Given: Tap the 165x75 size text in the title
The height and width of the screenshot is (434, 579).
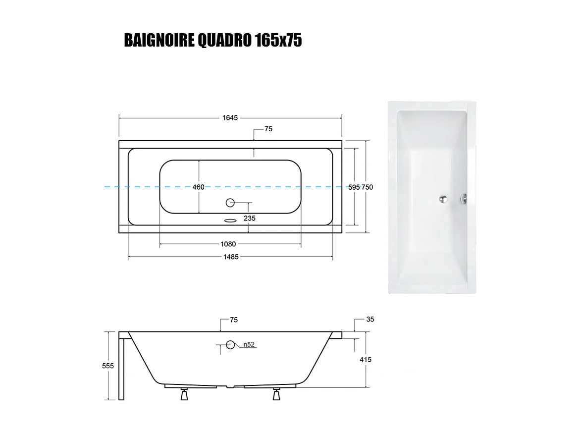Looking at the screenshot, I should [x=278, y=41].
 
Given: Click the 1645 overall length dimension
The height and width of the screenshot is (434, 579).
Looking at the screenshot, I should [x=230, y=117].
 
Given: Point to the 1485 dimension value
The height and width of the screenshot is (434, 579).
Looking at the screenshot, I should [x=231, y=257].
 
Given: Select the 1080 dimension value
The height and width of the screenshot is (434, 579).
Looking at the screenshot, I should [x=228, y=244].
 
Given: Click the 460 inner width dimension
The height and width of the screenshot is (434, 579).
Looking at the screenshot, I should [x=198, y=187].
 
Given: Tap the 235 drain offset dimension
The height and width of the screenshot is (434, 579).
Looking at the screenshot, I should [x=250, y=218].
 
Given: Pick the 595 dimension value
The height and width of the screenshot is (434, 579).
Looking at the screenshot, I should [x=354, y=187].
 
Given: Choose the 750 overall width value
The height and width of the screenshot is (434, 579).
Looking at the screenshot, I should [x=367, y=187].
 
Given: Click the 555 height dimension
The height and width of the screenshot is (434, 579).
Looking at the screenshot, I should [x=108, y=366].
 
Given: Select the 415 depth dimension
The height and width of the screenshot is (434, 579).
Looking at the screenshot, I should [x=366, y=360].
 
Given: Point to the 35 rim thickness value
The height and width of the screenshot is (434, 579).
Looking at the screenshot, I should [x=370, y=320].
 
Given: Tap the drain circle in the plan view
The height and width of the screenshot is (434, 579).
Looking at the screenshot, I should [x=230, y=202].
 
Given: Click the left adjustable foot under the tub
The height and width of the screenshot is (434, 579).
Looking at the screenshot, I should [x=184, y=395].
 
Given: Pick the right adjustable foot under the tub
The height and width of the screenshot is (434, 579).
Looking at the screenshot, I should [x=276, y=395].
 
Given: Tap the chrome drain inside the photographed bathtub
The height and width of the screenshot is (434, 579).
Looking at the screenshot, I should [x=443, y=199].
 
